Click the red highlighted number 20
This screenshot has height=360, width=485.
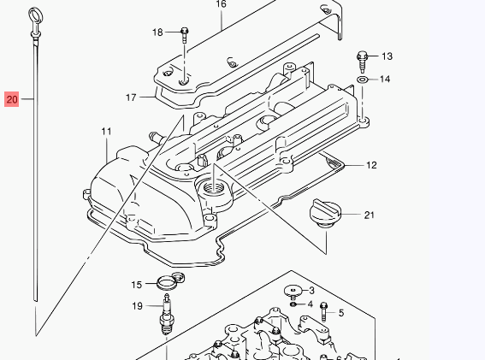12,99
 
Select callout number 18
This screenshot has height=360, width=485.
157,32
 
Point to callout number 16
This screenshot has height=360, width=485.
222,4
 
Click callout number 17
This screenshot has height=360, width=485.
131,97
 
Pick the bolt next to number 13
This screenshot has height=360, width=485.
362,62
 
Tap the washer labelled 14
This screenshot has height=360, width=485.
362,80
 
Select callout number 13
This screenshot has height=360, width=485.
387,56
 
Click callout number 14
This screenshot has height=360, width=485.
384,80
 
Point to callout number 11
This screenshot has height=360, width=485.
106,132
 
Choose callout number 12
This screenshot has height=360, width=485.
371,165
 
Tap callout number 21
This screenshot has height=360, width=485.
369,215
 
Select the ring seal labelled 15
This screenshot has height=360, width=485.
170,281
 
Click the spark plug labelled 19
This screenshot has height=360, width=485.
167,314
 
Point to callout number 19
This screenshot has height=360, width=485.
138,306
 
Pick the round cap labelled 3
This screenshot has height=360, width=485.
293,292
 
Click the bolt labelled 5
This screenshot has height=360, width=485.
323,311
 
